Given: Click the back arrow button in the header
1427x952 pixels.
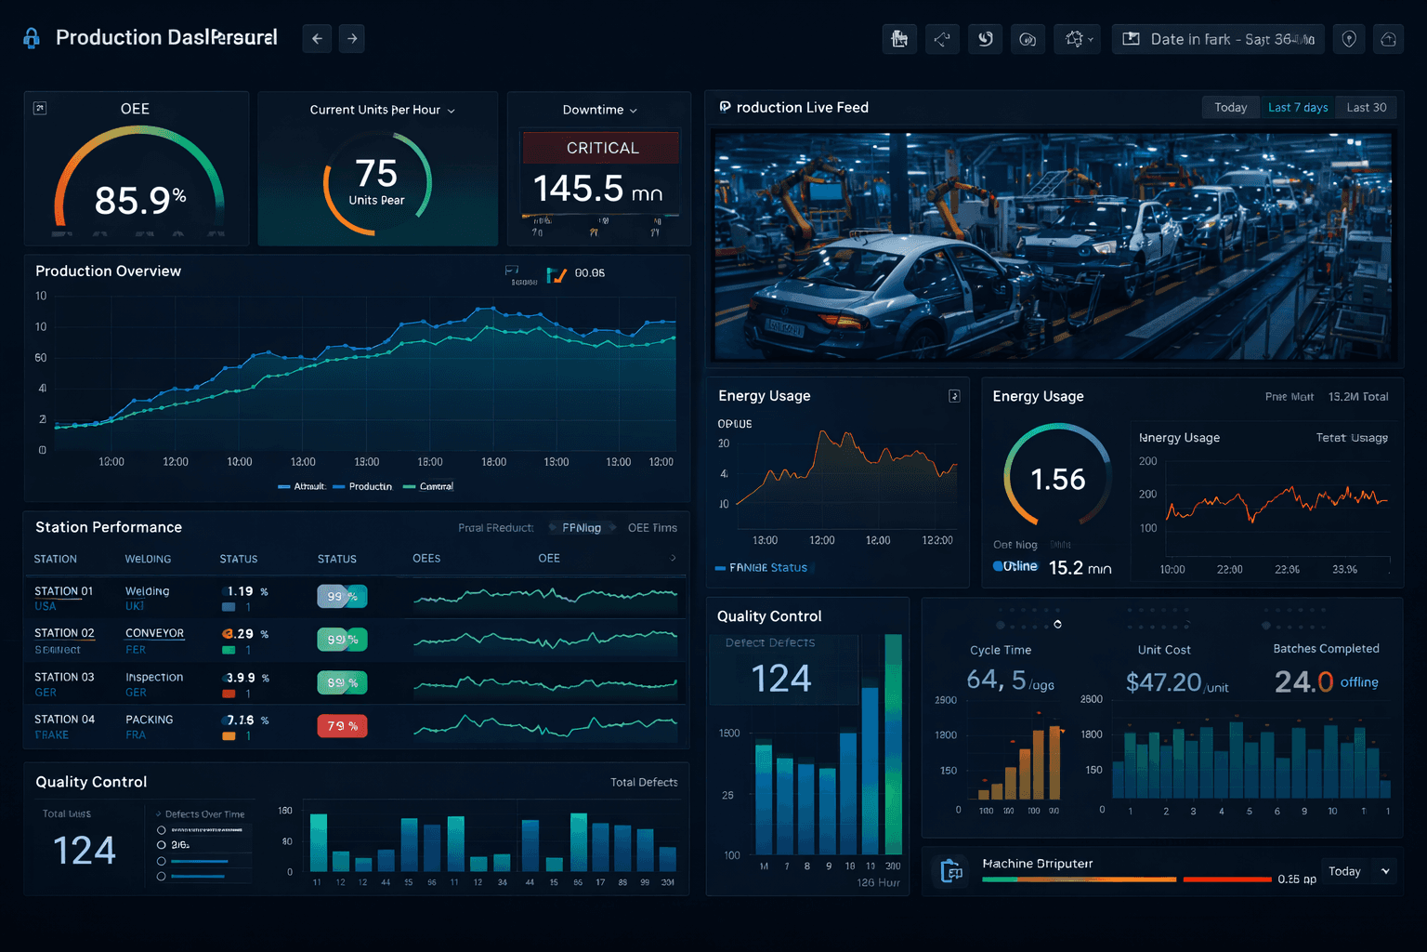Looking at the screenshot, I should click(x=317, y=39).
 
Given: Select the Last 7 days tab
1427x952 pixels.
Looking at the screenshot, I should click(x=1298, y=108).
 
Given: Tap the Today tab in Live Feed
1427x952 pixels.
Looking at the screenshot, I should click(x=1230, y=108).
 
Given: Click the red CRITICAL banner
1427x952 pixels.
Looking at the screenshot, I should click(x=602, y=148).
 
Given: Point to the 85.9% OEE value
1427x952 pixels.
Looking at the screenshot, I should click(x=139, y=200).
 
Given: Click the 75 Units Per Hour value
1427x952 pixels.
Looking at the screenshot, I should click(x=376, y=175).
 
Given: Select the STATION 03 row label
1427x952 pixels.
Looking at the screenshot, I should click(x=64, y=677).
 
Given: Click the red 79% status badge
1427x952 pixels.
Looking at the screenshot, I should click(x=342, y=726).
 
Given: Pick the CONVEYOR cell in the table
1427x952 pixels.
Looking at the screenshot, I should click(x=154, y=633).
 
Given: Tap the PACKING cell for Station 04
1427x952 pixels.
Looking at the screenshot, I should click(x=149, y=720).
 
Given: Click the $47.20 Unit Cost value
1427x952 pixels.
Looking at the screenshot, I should click(x=1164, y=682).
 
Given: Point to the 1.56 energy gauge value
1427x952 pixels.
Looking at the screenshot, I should click(x=1057, y=480).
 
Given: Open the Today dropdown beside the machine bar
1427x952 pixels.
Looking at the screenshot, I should click(x=1359, y=871).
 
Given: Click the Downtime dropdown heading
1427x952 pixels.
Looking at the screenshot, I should click(x=599, y=110).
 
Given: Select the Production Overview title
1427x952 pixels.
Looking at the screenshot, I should click(x=108, y=271).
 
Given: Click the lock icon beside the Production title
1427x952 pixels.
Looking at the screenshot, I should click(x=32, y=38).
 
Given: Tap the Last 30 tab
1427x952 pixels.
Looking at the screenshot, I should click(x=1367, y=108).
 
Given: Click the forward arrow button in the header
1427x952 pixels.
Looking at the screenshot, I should click(x=352, y=39).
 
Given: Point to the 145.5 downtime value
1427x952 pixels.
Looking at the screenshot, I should click(x=578, y=189).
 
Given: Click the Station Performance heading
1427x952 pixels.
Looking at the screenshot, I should click(x=109, y=527).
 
